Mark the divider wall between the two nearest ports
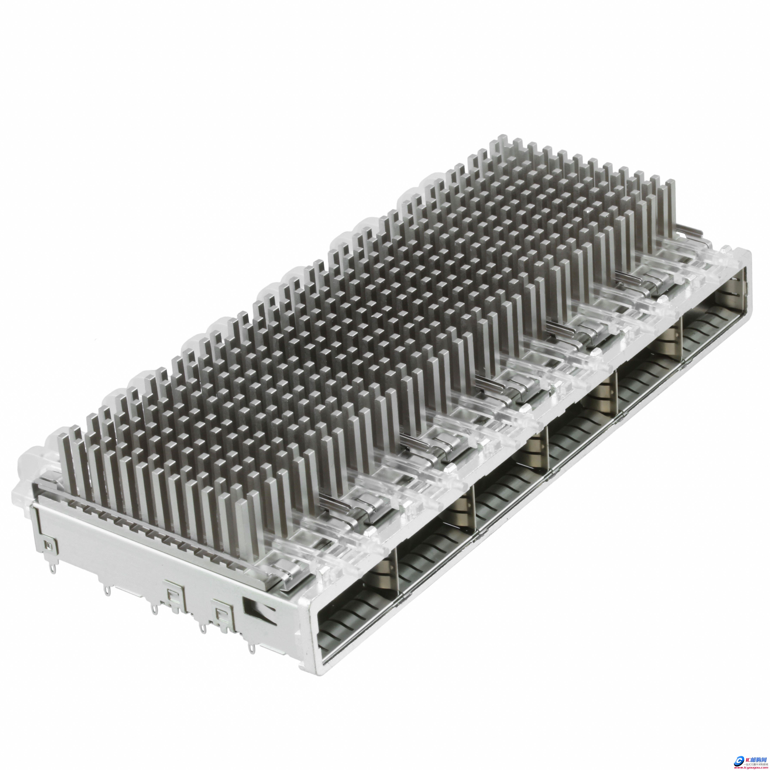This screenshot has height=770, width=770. pyautogui.click(x=397, y=558)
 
